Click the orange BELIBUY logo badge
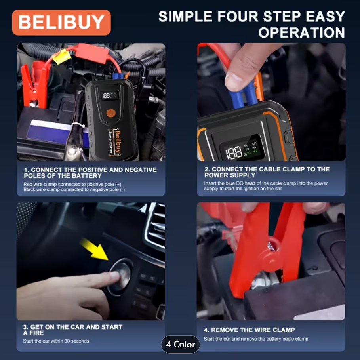click(x=61, y=22)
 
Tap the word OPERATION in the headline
click(x=302, y=32)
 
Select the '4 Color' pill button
click(x=181, y=344)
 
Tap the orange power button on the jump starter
click(x=110, y=112)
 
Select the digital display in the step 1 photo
click(x=110, y=95)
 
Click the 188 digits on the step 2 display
click(x=234, y=152)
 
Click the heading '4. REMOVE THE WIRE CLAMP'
click(x=249, y=330)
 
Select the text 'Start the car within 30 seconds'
click(x=56, y=341)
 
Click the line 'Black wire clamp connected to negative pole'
click(x=74, y=190)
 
